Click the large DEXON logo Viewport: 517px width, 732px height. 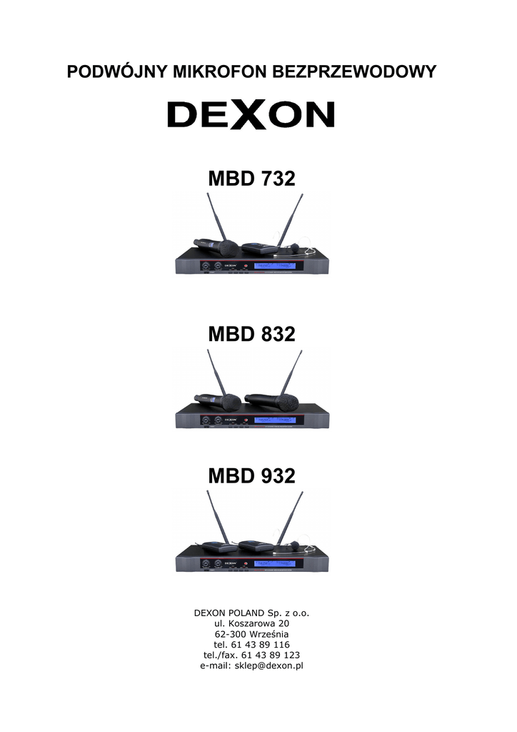click(x=251, y=114)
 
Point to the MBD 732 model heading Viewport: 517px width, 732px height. click(x=251, y=179)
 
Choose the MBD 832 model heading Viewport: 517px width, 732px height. click(x=251, y=334)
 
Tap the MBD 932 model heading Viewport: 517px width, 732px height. click(x=251, y=475)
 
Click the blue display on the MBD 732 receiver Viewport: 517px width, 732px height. click(x=274, y=266)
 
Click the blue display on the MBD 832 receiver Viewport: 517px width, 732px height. click(x=274, y=420)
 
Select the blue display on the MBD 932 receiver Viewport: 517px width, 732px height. click(x=274, y=563)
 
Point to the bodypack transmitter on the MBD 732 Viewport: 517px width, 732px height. click(x=259, y=248)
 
